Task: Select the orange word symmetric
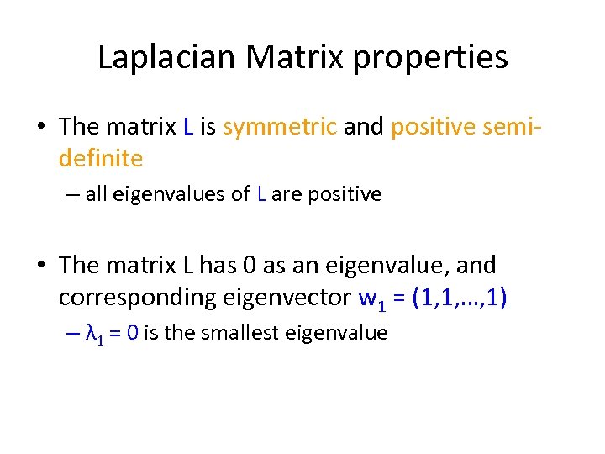point(280,127)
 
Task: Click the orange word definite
point(101,157)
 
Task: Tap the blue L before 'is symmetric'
point(188,127)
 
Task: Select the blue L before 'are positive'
point(263,195)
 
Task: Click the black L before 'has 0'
point(188,265)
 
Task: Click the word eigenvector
point(273,297)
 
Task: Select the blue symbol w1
point(360,298)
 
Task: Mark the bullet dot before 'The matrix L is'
point(41,128)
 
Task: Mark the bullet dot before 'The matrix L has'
point(41,266)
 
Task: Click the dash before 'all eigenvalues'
point(72,195)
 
